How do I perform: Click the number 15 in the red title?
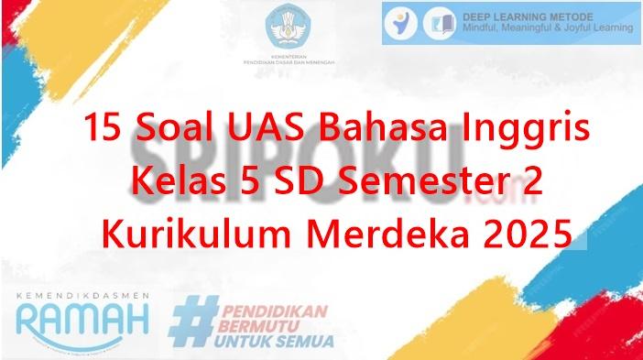(x=103, y=129)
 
